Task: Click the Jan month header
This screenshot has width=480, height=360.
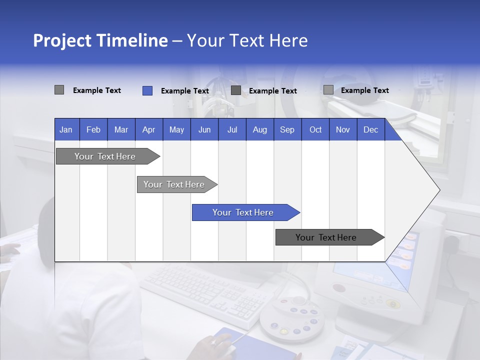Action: click(66, 129)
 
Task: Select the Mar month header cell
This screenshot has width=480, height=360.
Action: click(121, 129)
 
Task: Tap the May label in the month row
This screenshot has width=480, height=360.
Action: click(176, 129)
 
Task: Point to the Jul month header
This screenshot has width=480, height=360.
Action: click(232, 129)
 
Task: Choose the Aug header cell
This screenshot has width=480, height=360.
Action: click(259, 129)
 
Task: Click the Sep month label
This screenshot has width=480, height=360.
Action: click(287, 129)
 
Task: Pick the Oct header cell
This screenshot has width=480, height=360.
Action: click(315, 129)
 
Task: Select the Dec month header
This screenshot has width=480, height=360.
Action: click(370, 129)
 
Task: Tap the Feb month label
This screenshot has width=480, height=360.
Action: click(93, 129)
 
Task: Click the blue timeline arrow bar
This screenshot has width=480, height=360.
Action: click(245, 212)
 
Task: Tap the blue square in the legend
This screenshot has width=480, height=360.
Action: click(147, 90)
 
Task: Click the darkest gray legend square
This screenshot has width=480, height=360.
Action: click(236, 90)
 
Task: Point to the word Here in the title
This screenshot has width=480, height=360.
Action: click(288, 40)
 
